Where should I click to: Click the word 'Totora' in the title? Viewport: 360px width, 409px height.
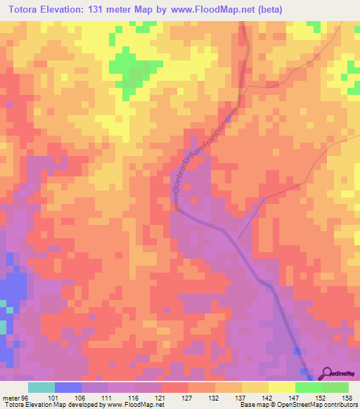(x=27, y=9)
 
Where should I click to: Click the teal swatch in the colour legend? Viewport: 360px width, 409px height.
(x=41, y=387)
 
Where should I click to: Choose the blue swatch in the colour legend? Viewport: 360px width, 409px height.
(x=68, y=387)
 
